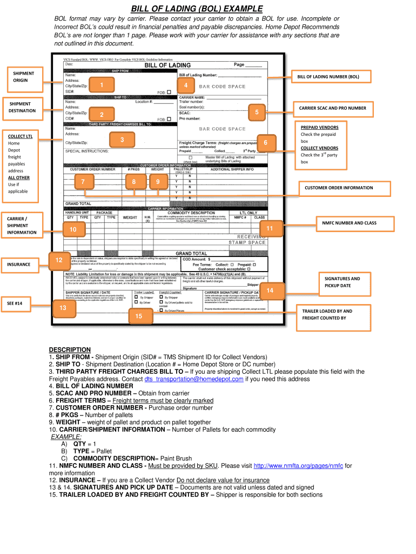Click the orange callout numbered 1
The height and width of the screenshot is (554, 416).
coord(101,84)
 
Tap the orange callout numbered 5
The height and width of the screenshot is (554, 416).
coord(257,111)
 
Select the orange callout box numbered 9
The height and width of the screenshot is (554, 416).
coord(158,182)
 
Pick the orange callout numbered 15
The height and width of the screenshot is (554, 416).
coord(139,316)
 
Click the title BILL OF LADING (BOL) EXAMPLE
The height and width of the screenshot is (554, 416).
coord(197,9)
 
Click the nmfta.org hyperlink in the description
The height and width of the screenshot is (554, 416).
coord(299,465)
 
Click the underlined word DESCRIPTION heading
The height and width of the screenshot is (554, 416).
coord(70,349)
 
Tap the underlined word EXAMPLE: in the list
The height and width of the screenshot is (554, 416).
coord(66,436)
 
